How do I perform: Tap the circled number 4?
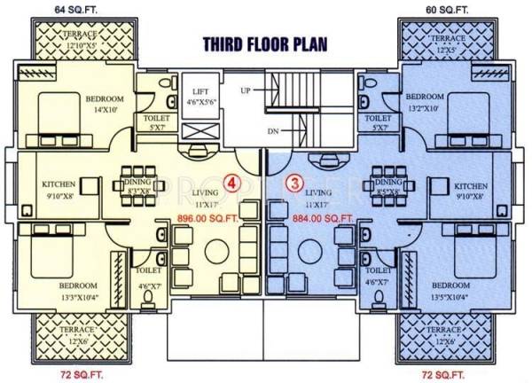tap(232, 184)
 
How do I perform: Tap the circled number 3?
tap(296, 184)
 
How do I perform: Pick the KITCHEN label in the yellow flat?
tap(59, 185)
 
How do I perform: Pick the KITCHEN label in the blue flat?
tap(471, 186)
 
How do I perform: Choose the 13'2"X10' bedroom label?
tap(423, 106)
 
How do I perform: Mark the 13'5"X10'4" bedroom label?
tap(450, 295)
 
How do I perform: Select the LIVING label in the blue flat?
tap(318, 191)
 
